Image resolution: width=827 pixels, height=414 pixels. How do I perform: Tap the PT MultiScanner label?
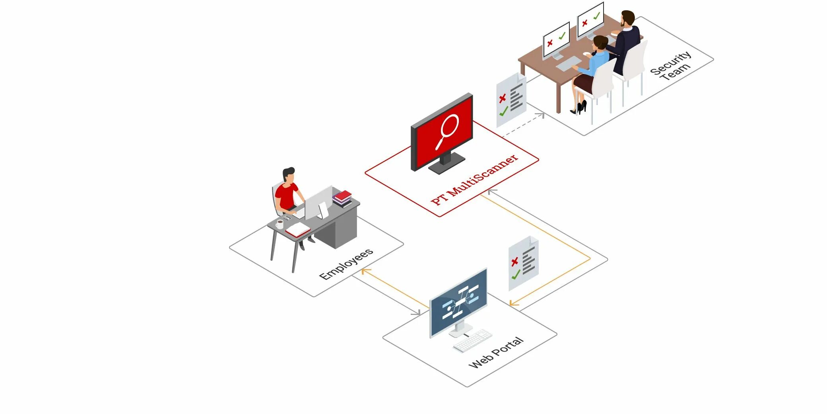coord(475,180)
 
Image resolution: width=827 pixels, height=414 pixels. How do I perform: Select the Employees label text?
coord(346,264)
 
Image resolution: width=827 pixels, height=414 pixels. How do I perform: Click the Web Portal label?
coord(496,352)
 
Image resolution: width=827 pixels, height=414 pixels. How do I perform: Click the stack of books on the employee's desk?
coord(342,198)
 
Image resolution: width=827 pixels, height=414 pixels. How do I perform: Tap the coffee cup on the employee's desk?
coord(280,224)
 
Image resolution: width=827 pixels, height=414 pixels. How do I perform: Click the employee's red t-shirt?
coord(286,195)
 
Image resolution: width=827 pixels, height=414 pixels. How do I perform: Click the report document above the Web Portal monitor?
coord(523,263)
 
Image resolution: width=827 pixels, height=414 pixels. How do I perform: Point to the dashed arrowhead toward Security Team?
coord(541,115)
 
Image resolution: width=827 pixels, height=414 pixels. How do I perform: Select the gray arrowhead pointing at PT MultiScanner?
coord(491,191)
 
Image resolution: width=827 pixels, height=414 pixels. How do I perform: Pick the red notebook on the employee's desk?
coord(297,230)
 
